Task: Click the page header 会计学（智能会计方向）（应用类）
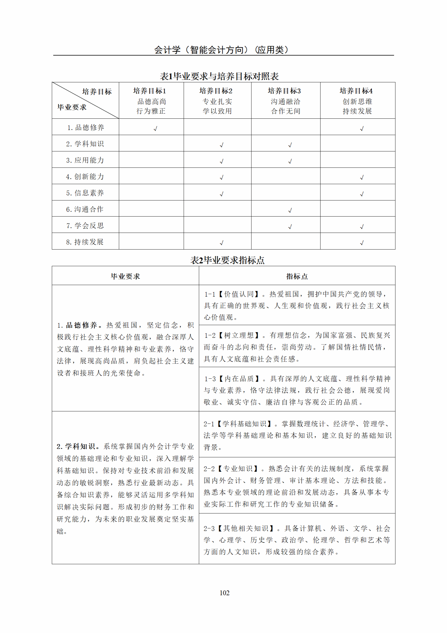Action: (x=221, y=50)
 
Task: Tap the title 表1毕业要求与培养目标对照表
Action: (x=219, y=76)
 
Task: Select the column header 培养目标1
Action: (x=150, y=91)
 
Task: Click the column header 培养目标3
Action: (x=284, y=91)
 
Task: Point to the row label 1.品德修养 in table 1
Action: (x=85, y=127)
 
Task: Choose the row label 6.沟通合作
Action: (x=85, y=209)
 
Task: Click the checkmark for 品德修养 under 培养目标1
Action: (x=155, y=129)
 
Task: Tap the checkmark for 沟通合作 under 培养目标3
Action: (x=290, y=210)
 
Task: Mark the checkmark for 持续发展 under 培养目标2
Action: (x=222, y=243)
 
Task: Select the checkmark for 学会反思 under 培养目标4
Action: (x=362, y=227)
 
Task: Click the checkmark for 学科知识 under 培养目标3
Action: (x=290, y=145)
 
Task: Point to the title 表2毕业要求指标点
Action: (x=227, y=260)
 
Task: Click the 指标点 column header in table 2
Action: (x=297, y=276)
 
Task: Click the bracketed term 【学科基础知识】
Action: (x=245, y=424)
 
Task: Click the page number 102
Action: (x=224, y=593)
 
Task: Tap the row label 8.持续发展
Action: (x=85, y=242)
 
